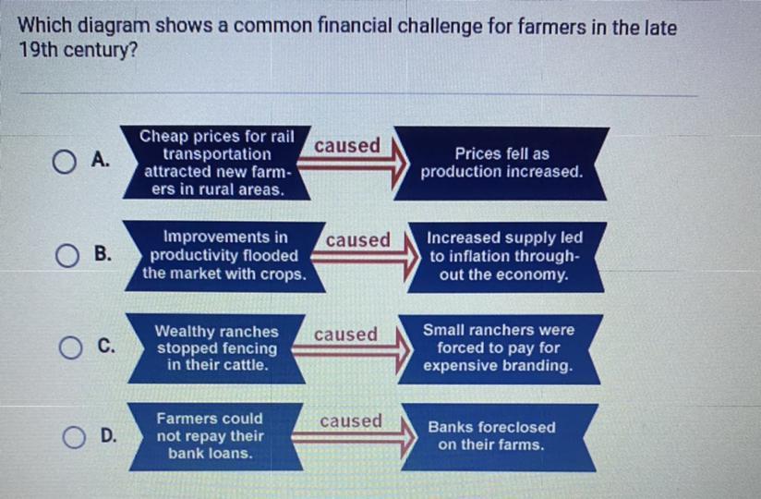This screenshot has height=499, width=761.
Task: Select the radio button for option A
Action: coord(64,162)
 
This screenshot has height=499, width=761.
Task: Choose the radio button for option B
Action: coord(67,255)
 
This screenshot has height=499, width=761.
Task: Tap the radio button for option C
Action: coord(71,347)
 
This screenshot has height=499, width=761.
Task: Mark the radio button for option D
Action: coord(74,436)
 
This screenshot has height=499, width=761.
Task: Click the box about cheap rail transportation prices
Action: coord(216,163)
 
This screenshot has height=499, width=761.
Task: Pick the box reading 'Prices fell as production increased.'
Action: coord(501,163)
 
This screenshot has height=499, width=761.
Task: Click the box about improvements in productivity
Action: coord(224,256)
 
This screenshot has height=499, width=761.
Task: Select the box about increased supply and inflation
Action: coord(505,257)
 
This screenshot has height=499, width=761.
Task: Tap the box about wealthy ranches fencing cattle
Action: coord(216,348)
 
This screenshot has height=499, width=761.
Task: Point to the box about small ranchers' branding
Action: coord(499,349)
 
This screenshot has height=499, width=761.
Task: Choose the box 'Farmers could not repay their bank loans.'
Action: coord(216,436)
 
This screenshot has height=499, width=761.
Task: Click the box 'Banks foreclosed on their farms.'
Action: coord(499,437)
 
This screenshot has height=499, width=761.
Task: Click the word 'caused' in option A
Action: coord(347,145)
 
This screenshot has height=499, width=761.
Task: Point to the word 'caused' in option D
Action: coord(351,420)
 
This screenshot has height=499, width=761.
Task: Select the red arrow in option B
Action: coord(365,258)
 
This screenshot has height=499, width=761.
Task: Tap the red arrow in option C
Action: coord(351,349)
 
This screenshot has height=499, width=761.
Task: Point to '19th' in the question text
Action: coord(38,50)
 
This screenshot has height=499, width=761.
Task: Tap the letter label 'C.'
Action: coord(106,346)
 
